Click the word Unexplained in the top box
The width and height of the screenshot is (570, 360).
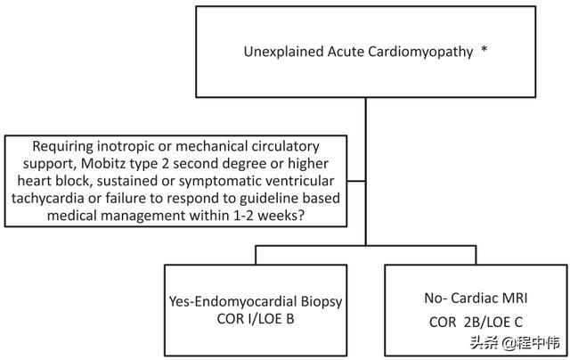(x=283, y=52)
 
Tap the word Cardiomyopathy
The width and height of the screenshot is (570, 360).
(x=420, y=53)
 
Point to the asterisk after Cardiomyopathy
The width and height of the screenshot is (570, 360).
(x=484, y=49)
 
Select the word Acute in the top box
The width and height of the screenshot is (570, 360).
(x=346, y=52)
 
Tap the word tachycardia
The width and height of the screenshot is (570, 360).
(x=54, y=199)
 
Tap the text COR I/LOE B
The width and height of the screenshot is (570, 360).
(x=256, y=319)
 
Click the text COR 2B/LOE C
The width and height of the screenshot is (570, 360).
(x=476, y=323)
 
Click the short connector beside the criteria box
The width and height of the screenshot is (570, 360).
(x=356, y=181)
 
